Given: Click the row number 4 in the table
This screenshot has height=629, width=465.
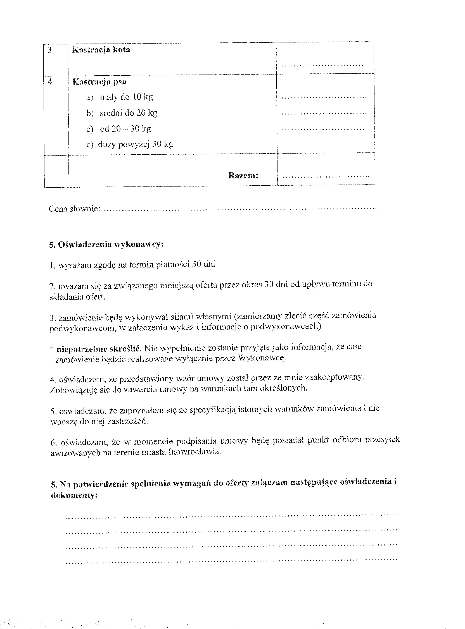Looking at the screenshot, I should [x=50, y=82].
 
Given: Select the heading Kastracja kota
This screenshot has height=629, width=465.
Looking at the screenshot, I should [x=101, y=50].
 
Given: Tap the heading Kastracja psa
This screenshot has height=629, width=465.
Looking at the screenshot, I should [x=99, y=82].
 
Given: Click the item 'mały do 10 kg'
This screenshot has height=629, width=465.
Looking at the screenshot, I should [x=126, y=97].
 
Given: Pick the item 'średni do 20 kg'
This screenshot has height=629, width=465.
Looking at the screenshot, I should [x=128, y=113].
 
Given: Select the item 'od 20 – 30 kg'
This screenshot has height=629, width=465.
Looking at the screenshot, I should [x=125, y=129].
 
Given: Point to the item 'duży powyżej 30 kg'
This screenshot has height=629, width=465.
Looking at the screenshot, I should [x=135, y=144].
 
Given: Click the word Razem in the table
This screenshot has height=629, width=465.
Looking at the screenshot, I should [x=243, y=175].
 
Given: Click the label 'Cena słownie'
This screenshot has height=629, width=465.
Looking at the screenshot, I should [x=74, y=209].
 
